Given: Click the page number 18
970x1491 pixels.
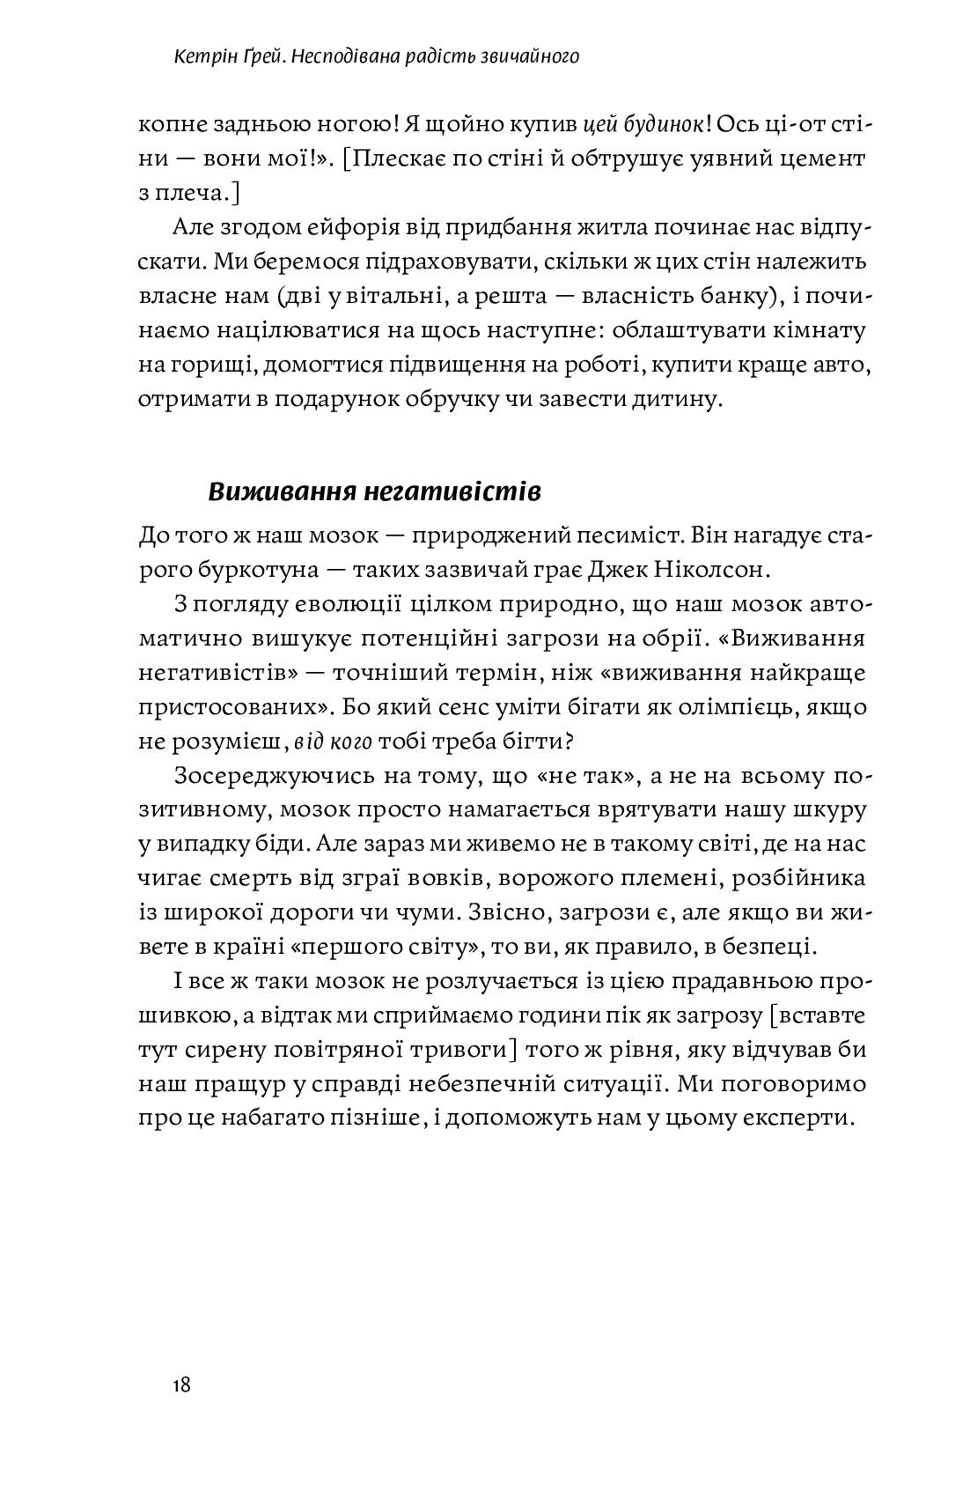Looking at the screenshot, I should pyautogui.click(x=181, y=1385).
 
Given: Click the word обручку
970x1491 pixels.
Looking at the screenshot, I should pyautogui.click(x=460, y=399).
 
